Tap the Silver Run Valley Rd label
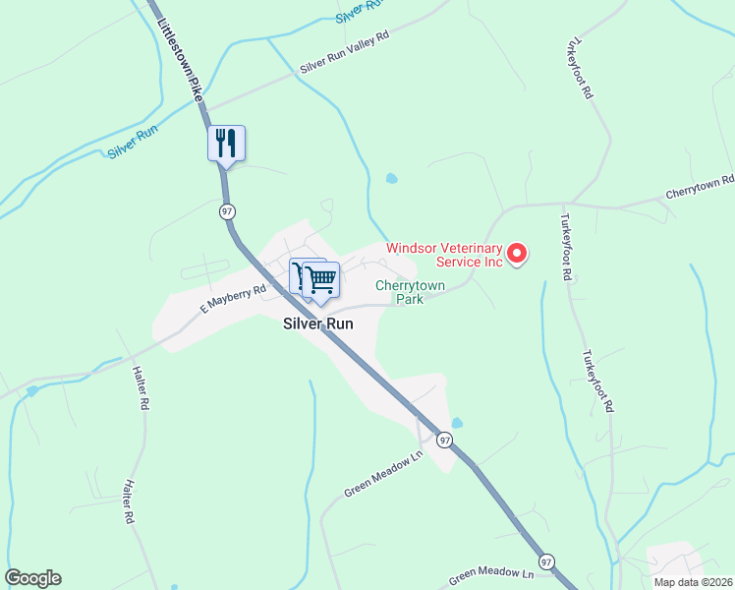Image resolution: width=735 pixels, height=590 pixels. (346, 49)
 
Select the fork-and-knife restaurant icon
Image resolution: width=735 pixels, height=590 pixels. (227, 144)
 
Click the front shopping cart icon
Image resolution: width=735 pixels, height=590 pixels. (321, 279)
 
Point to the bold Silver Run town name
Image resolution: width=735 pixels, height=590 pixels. (317, 323)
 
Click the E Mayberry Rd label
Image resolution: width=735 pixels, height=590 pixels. (234, 299)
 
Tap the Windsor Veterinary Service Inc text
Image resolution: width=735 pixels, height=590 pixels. (444, 255)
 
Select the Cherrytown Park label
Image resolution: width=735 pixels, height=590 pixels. (411, 292)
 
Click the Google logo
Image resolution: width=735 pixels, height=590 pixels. (32, 578)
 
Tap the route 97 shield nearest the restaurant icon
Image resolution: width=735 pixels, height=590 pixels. (227, 211)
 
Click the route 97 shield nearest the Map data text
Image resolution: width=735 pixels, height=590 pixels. (546, 561)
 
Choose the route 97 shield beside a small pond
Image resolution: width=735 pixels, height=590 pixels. (444, 440)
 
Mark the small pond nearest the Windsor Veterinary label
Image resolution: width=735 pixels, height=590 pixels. (392, 179)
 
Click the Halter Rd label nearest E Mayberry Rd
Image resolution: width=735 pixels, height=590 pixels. (139, 388)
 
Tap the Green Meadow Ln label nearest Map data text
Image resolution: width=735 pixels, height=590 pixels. (492, 574)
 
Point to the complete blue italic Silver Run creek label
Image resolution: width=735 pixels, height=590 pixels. (134, 142)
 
